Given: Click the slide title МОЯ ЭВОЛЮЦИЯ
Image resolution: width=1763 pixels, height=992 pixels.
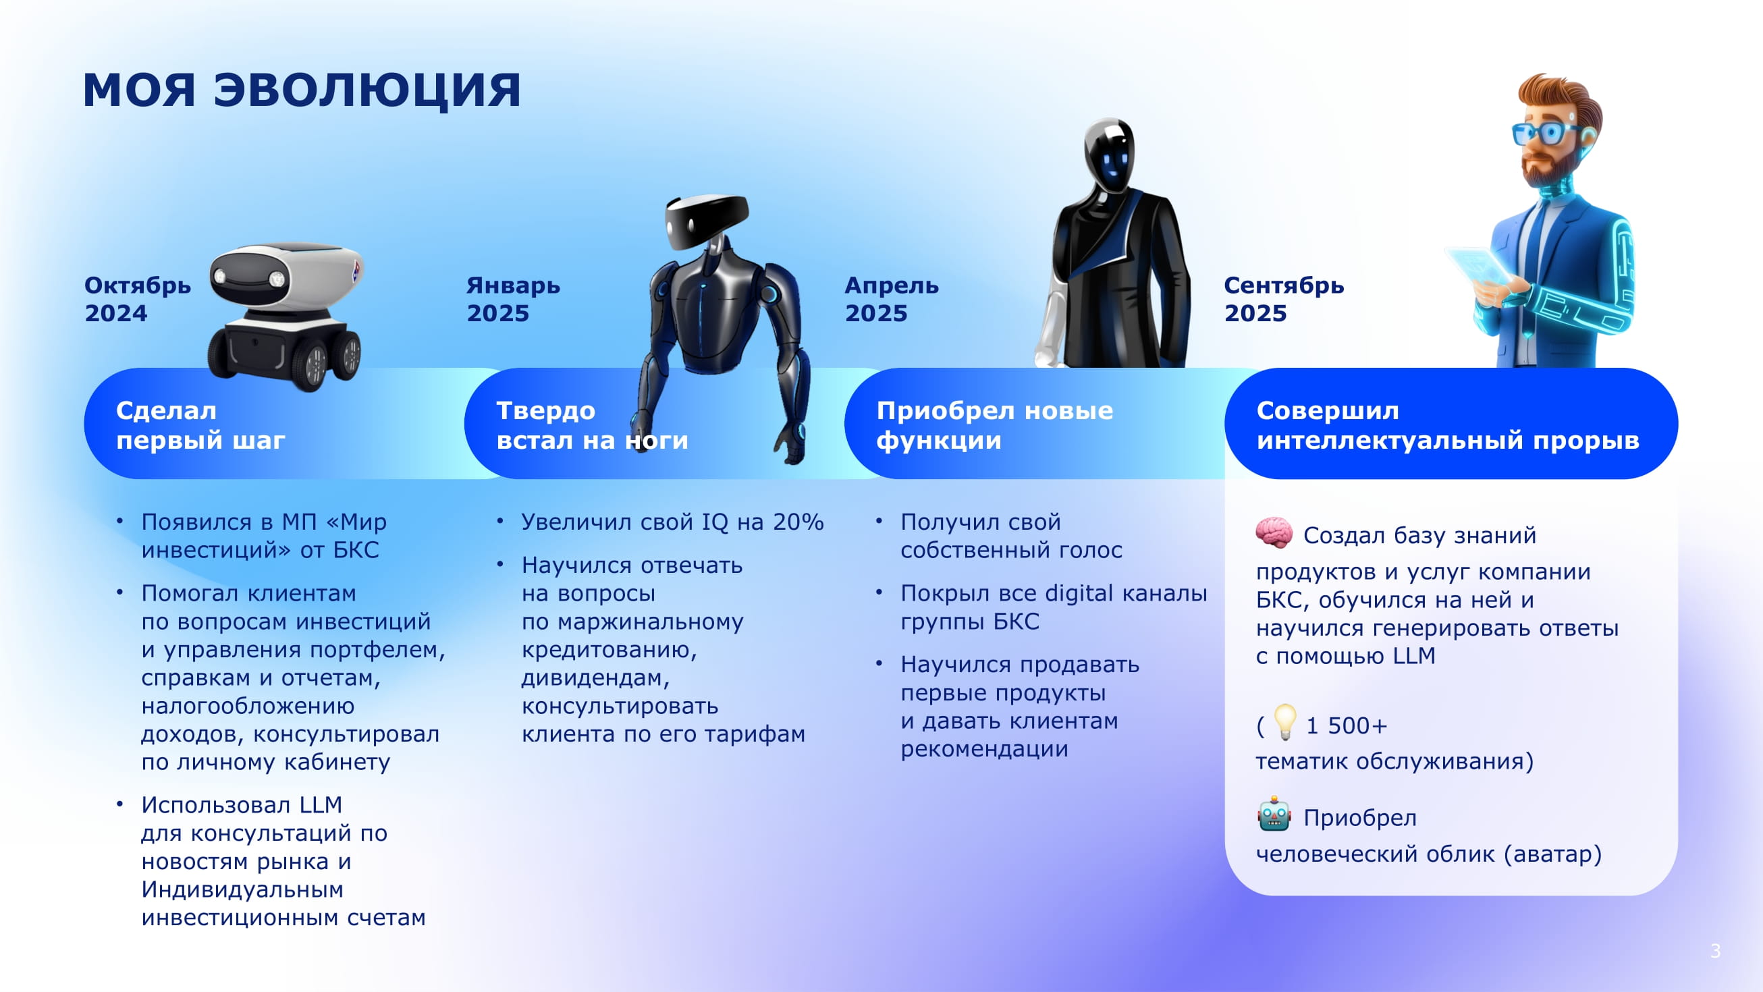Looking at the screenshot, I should (x=301, y=90).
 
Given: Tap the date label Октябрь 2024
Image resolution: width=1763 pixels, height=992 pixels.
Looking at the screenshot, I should (x=137, y=299).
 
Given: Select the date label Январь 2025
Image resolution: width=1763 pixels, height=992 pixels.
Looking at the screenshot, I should (x=512, y=299).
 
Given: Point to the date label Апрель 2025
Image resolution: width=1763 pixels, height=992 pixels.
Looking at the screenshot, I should (x=891, y=299).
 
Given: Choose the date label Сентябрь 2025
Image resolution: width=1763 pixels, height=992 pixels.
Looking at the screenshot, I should (x=1283, y=299).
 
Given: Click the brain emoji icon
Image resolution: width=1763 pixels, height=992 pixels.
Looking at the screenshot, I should (x=1274, y=533).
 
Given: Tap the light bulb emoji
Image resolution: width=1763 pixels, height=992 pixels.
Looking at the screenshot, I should (x=1284, y=722).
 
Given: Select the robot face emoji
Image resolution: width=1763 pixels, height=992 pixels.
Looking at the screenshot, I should (x=1274, y=815).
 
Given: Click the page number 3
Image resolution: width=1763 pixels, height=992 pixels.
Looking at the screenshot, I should (x=1715, y=950).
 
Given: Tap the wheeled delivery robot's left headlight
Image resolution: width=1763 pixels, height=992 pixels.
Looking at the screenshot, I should (x=220, y=277).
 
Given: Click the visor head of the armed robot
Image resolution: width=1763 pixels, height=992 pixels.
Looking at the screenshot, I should (x=705, y=222).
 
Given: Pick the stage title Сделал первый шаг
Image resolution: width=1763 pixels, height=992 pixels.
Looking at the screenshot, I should (x=200, y=425).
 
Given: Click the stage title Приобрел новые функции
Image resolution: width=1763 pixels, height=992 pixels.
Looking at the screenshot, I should (x=994, y=425).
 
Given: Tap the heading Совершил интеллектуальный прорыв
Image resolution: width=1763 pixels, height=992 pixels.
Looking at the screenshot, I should (x=1448, y=425).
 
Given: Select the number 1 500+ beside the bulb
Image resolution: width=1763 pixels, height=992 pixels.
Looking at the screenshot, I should (x=1346, y=726).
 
